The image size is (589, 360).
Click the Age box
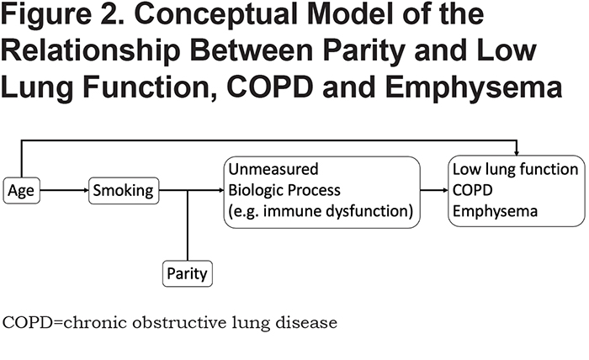[x=21, y=191]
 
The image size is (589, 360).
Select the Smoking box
[x=124, y=191]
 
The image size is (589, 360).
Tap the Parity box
[x=188, y=273]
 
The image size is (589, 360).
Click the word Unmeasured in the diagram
[x=273, y=169]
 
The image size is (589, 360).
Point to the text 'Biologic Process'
[x=284, y=190]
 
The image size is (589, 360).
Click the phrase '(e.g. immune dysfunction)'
[x=321, y=211]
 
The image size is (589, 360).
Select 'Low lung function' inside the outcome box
[x=515, y=169]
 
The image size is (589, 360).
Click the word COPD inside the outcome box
[x=472, y=190]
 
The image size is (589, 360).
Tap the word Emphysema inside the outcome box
[x=495, y=211]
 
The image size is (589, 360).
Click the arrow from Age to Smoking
[x=64, y=190]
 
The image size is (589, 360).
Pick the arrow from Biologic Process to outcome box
[x=434, y=190]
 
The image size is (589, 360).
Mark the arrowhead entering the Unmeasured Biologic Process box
[x=221, y=190]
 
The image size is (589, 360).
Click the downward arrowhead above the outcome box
[x=517, y=153]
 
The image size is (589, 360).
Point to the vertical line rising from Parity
[x=188, y=225]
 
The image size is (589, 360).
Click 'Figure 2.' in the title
[x=62, y=15]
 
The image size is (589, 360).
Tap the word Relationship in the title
[x=90, y=51]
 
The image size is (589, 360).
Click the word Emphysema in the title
[x=473, y=87]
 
